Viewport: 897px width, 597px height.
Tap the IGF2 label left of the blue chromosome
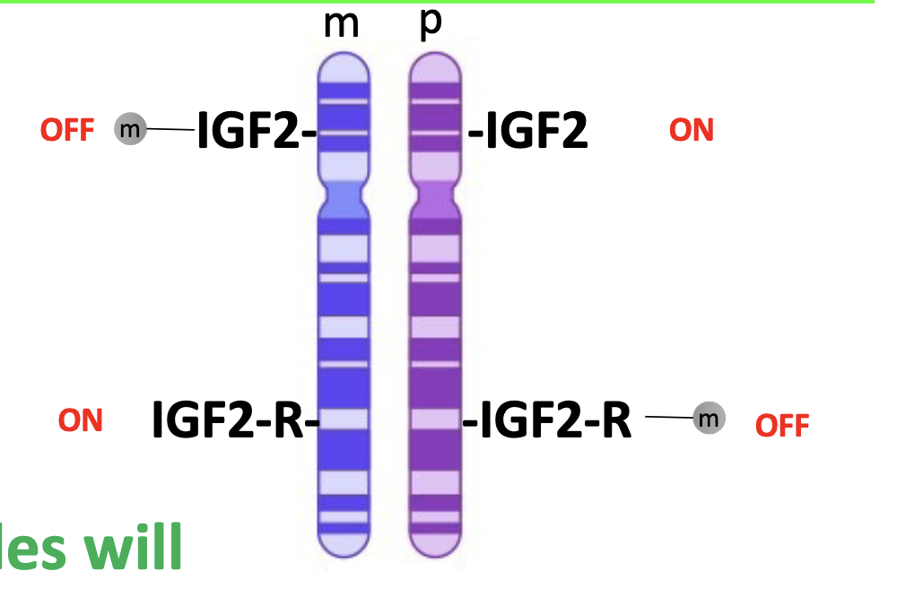(254, 132)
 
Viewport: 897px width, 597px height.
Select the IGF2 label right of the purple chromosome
(529, 132)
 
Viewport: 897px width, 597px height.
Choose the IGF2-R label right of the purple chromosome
(548, 420)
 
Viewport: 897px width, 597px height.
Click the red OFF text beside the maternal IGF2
(66, 131)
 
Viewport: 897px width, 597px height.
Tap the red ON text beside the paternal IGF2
(691, 131)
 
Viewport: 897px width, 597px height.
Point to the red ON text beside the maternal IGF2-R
(81, 420)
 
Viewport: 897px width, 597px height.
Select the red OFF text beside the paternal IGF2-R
(782, 425)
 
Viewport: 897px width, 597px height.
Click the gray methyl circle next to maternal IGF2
(130, 130)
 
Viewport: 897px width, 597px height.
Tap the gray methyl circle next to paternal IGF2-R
(709, 418)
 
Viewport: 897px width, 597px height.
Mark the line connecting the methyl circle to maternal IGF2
(170, 130)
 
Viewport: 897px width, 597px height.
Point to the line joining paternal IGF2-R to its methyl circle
(668, 417)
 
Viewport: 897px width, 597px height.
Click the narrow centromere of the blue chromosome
(344, 195)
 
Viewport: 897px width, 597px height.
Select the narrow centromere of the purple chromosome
(435, 195)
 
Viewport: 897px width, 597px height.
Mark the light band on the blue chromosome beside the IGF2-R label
(344, 419)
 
